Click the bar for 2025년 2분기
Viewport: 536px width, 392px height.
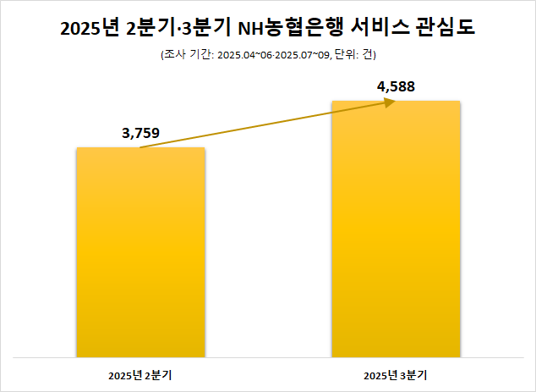click(140, 254)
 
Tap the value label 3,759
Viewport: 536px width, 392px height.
click(140, 132)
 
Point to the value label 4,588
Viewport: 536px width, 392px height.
click(396, 86)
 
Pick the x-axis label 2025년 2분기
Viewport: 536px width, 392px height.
click(140, 374)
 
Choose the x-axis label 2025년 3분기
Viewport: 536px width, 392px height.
click(396, 374)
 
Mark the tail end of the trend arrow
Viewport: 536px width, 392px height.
click(141, 147)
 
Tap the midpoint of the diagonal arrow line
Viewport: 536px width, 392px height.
click(266, 124)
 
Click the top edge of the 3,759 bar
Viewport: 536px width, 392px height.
click(140, 148)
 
